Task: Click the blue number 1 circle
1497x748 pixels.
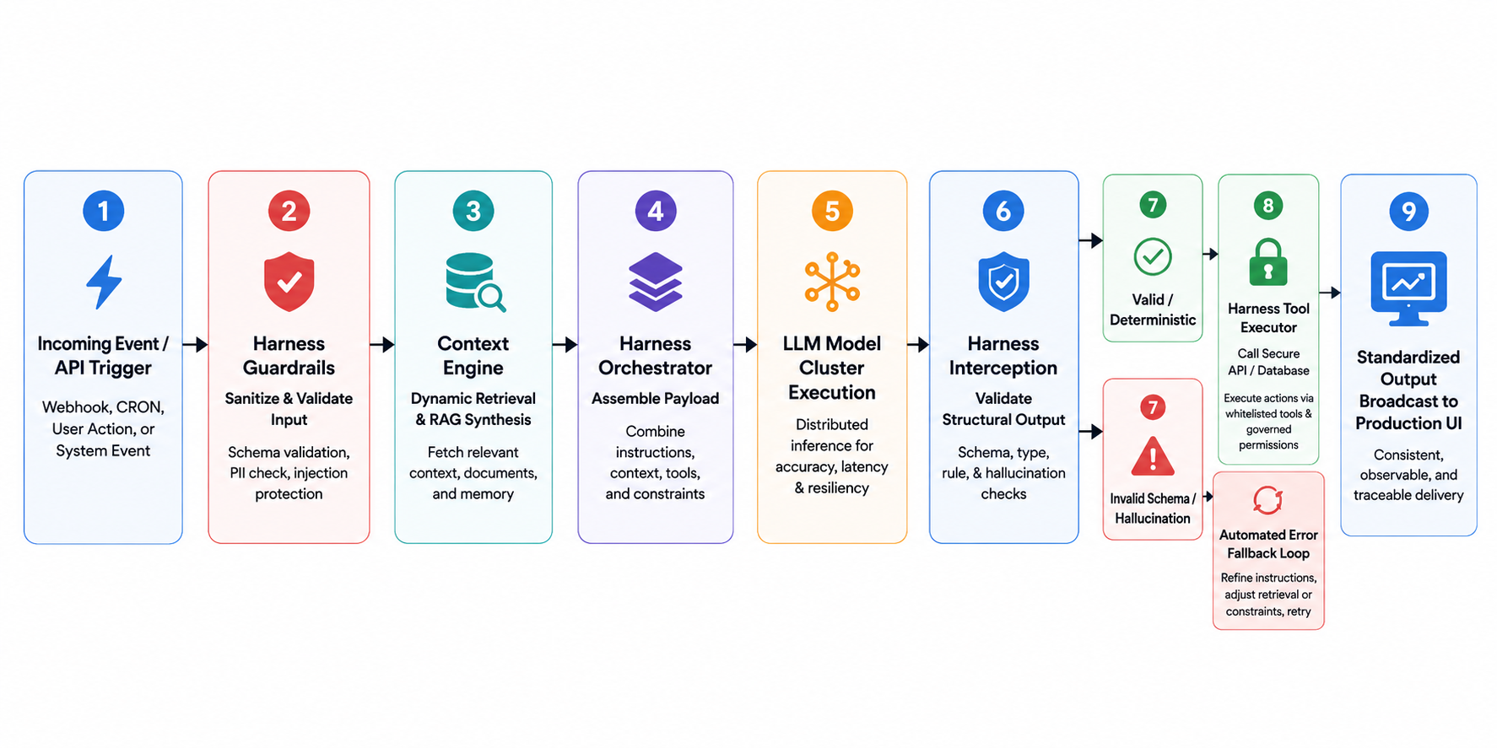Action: click(103, 211)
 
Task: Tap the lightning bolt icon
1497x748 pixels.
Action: click(104, 282)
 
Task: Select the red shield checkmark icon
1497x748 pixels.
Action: click(289, 282)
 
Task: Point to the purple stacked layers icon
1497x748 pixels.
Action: click(655, 282)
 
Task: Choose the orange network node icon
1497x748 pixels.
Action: click(832, 282)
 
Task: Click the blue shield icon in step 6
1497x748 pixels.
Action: click(1003, 282)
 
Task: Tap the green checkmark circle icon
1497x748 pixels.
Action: click(1153, 257)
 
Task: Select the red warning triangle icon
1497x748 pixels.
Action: click(1153, 458)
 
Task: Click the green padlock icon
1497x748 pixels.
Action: click(1268, 262)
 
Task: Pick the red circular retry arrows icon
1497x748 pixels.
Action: click(1267, 500)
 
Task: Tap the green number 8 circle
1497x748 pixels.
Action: click(1268, 205)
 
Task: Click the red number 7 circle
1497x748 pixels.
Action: click(1153, 407)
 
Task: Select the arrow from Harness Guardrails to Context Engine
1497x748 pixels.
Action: click(382, 344)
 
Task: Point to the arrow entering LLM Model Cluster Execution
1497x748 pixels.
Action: click(745, 344)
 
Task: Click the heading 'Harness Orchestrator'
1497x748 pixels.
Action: click(655, 356)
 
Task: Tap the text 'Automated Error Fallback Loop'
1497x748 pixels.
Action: click(1268, 544)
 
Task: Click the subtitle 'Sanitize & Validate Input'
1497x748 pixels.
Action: click(289, 409)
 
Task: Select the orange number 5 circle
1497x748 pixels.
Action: click(832, 211)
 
